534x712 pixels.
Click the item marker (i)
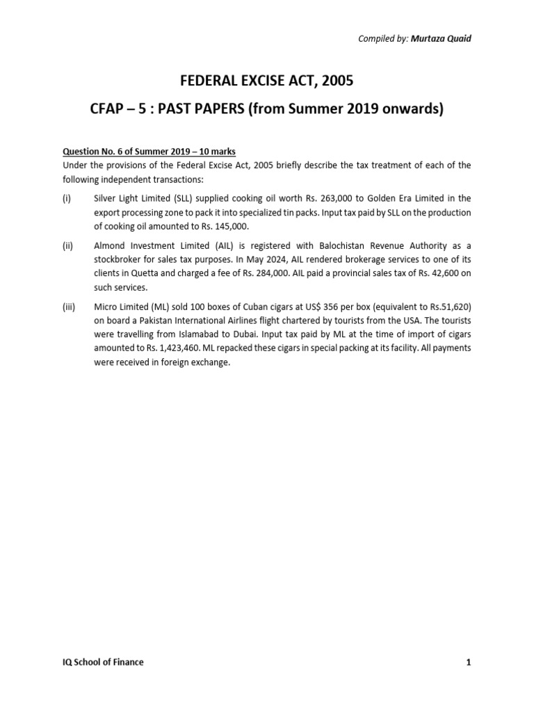pyautogui.click(x=67, y=198)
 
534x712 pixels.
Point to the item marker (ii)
pyautogui.click(x=68, y=246)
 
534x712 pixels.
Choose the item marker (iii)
pyautogui.click(x=69, y=307)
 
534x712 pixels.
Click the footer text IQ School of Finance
pyautogui.click(x=103, y=662)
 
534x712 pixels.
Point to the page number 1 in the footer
pyautogui.click(x=469, y=662)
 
